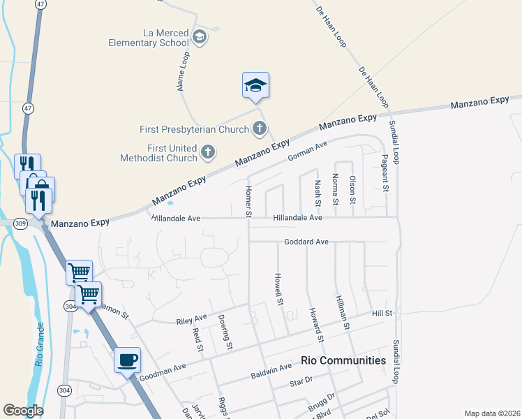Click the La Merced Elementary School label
pos(148,37)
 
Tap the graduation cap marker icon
pos(255,86)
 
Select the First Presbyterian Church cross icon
pos(260,128)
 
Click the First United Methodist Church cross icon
pos(207,152)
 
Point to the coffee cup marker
pos(127,360)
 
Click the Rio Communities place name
pos(343,360)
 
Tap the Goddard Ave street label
pos(306,242)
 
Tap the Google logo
pos(23,411)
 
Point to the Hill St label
pos(382,314)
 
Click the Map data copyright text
pos(491,413)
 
